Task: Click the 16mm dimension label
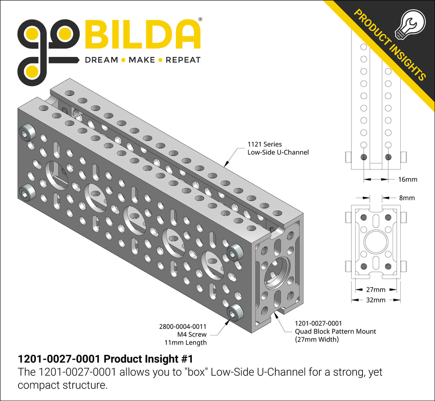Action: pos(407,179)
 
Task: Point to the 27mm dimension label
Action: pos(376,289)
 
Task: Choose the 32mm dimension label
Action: pos(376,300)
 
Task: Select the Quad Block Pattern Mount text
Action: pos(335,331)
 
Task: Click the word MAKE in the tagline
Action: pos(141,60)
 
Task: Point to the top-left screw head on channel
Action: pos(27,134)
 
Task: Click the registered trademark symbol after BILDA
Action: pos(200,20)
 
